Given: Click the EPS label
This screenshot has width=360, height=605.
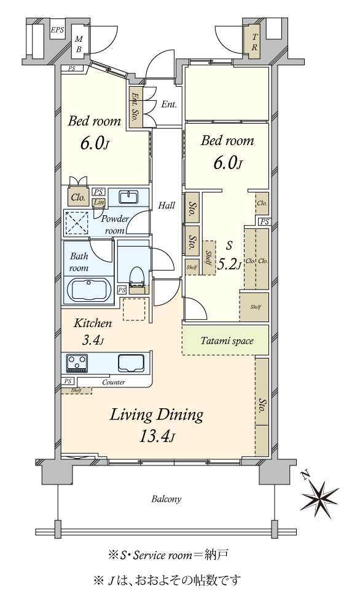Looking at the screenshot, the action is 57,30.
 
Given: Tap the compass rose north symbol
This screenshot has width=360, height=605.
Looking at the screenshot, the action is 319,495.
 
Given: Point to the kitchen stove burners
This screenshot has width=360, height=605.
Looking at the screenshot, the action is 77,363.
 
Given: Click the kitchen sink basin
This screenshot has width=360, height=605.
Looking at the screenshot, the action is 131,363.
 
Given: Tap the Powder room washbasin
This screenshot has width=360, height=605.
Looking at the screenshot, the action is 128,197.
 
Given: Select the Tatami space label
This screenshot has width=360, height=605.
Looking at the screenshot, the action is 227,341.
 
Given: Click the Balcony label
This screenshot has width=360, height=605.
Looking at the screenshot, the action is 166,499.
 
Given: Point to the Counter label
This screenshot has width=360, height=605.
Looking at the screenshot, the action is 114,382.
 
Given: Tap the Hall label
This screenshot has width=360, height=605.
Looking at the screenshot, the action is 166,205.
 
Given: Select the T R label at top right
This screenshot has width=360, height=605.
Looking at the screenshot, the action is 254,42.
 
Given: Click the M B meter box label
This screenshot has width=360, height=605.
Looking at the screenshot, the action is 79,44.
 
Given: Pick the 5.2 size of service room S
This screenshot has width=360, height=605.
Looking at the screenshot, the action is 230,264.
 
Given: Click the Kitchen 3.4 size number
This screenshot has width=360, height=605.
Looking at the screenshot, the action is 93,340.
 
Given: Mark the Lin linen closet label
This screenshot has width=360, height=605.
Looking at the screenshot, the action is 99,202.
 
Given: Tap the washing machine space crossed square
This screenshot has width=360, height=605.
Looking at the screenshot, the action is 76,223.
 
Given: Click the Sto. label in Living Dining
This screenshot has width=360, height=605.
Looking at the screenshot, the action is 262,406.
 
